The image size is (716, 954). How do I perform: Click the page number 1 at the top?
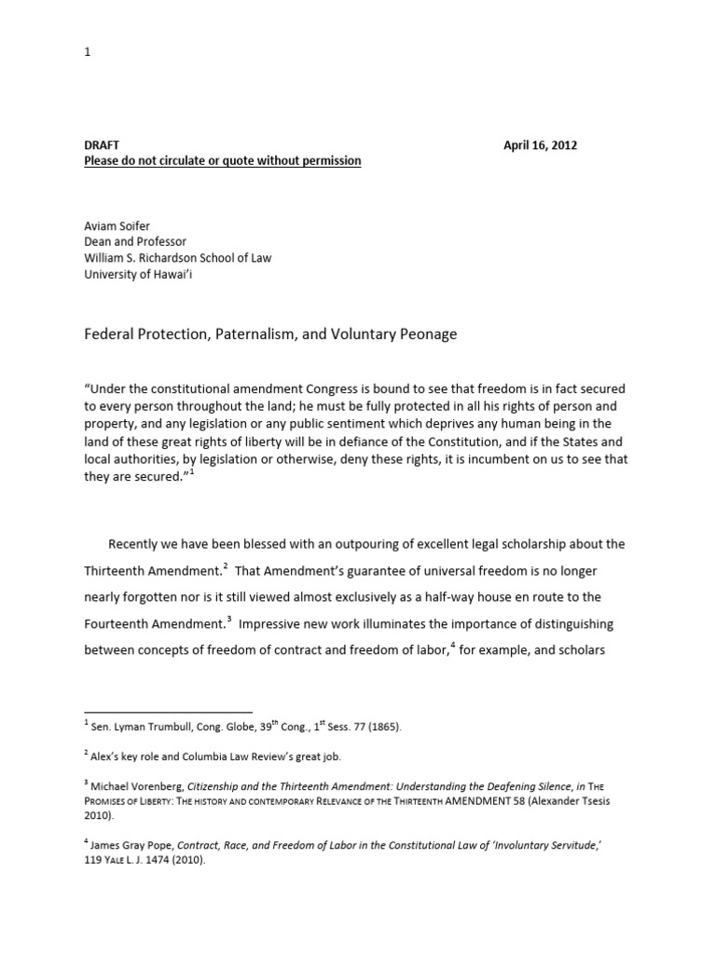pyautogui.click(x=88, y=52)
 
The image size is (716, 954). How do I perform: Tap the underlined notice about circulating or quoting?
pyautogui.click(x=222, y=161)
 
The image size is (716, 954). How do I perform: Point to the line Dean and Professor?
pyautogui.click(x=135, y=242)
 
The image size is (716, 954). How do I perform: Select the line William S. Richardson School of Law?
pyautogui.click(x=178, y=258)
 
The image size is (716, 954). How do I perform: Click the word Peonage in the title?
pyautogui.click(x=427, y=334)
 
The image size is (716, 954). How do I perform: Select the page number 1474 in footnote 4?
pyautogui.click(x=171, y=863)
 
